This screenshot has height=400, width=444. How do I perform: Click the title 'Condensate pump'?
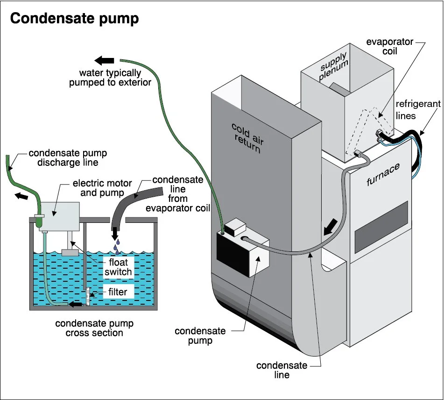pyautogui.click(x=74, y=19)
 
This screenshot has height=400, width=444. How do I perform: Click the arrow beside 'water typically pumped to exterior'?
pyautogui.click(x=105, y=60)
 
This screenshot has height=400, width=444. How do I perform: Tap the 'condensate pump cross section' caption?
pyautogui.click(x=94, y=328)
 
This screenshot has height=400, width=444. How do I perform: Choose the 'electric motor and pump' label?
pyautogui.click(x=102, y=188)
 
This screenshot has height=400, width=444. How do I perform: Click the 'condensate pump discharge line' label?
pyautogui.click(x=68, y=157)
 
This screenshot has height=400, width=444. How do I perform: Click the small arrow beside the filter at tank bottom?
pyautogui.click(x=74, y=305)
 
